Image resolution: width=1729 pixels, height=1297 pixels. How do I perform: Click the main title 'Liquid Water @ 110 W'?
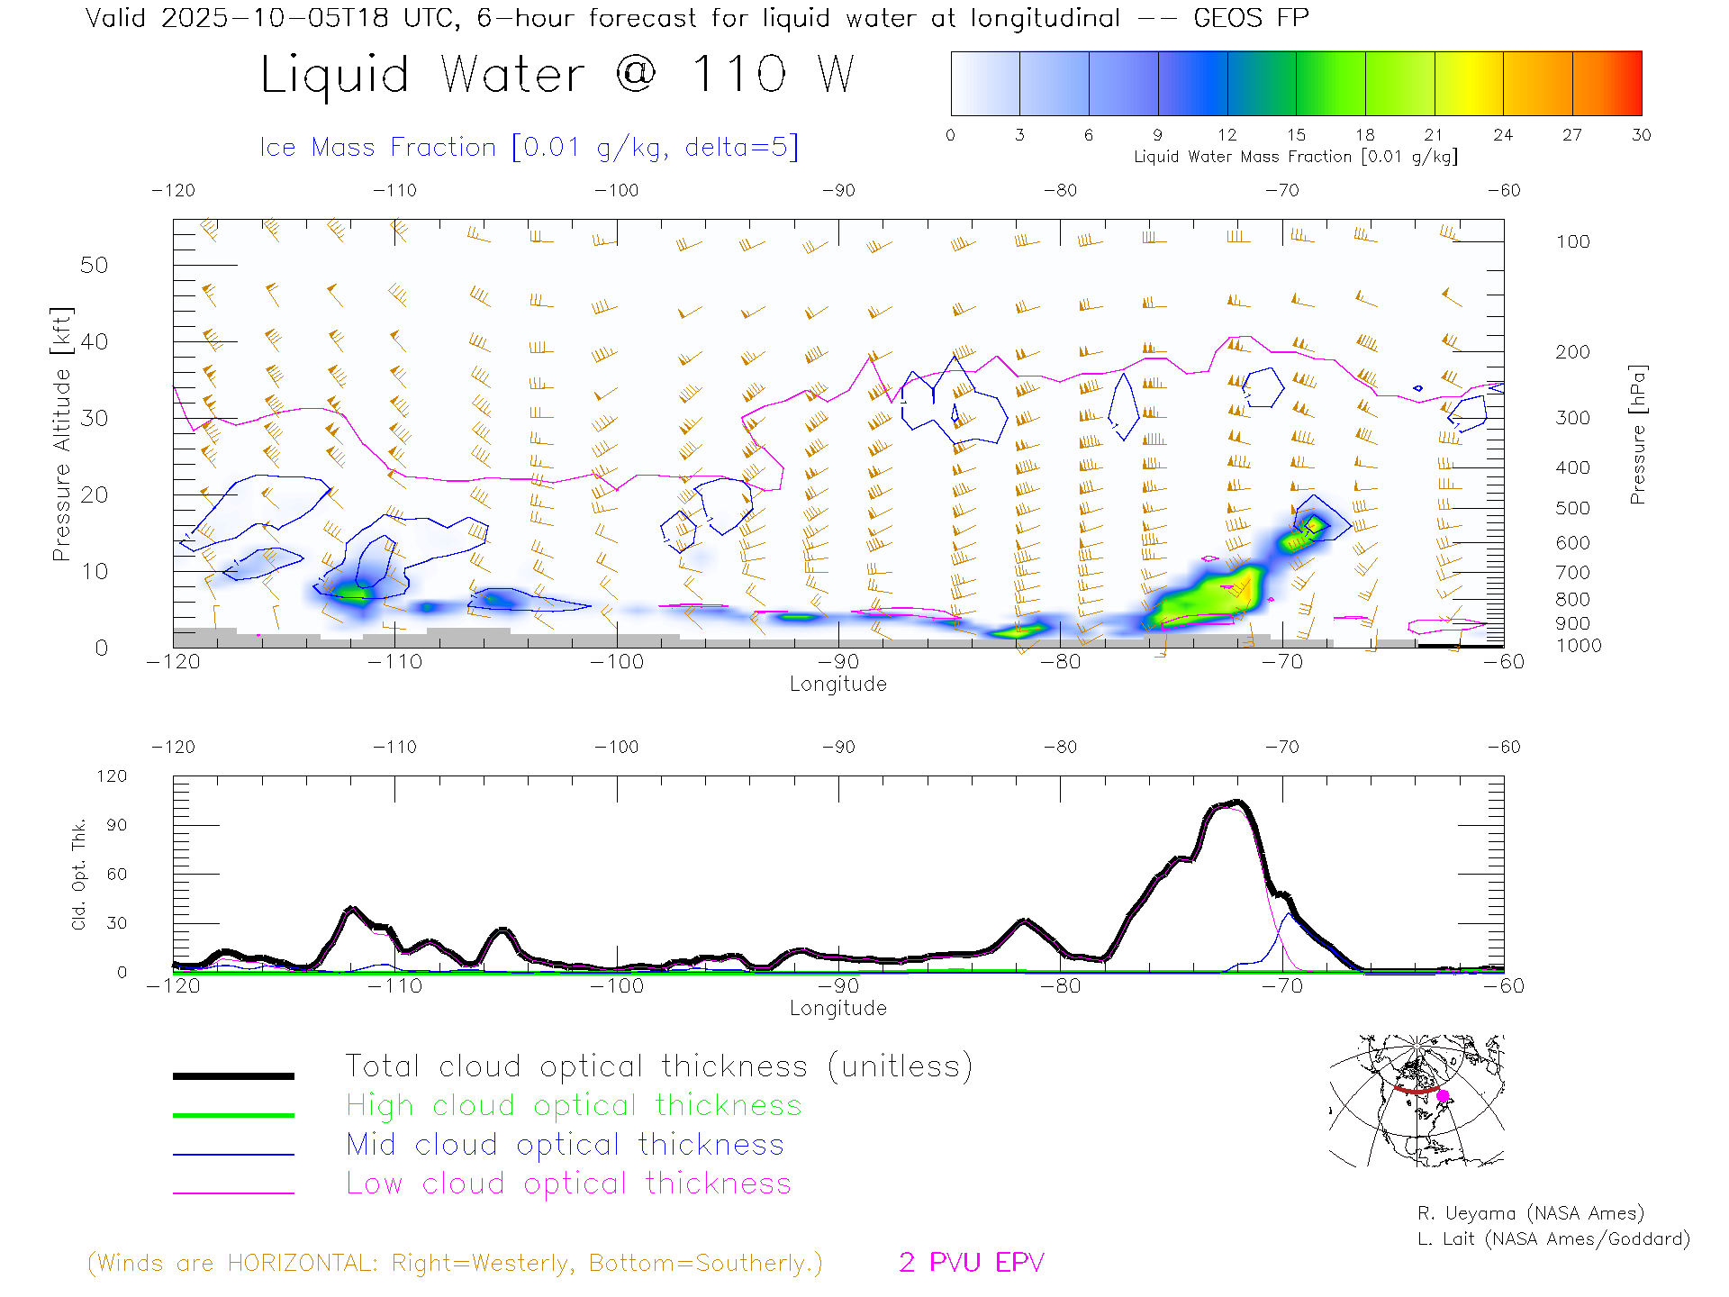pos(557,75)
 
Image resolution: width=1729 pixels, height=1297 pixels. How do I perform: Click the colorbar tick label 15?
pos(1296,135)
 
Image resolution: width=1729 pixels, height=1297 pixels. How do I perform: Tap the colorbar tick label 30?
pos(1641,135)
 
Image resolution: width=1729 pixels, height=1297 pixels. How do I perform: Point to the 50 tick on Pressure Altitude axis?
pos(94,265)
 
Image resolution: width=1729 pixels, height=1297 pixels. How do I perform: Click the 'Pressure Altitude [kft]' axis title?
pos(61,434)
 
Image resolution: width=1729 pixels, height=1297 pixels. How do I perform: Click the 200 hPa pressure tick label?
pos(1572,352)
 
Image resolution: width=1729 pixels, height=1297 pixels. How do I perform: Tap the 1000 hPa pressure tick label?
pos(1579,646)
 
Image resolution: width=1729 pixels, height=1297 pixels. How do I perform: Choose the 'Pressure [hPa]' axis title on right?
pos(1637,434)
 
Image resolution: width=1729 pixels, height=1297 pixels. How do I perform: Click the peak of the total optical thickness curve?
pos(1237,802)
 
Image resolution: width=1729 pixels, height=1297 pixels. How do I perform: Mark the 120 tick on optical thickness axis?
pos(113,776)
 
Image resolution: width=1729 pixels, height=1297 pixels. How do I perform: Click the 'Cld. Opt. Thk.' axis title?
pos(79,874)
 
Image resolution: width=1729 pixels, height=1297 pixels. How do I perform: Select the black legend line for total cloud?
pos(233,1075)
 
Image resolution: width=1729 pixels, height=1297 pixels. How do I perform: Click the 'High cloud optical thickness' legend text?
pos(574,1105)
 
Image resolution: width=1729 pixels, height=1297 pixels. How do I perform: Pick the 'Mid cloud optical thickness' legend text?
pos(565,1145)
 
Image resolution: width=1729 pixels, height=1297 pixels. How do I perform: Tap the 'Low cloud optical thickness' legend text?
pos(568,1184)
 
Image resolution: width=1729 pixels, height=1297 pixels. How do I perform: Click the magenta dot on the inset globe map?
pos(1443,1096)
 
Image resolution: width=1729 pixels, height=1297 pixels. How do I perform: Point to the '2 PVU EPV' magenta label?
pos(971,1263)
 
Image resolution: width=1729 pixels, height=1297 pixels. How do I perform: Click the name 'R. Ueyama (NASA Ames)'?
pos(1530,1213)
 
